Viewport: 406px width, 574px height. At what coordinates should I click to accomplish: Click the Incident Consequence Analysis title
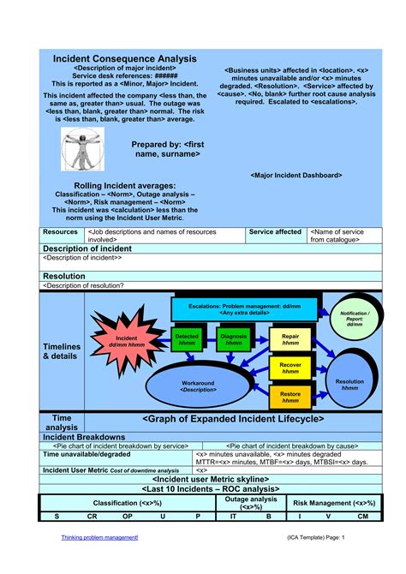[x=125, y=58]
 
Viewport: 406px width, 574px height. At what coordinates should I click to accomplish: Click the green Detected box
[x=187, y=339]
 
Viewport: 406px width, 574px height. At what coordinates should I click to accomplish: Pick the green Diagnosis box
[x=233, y=339]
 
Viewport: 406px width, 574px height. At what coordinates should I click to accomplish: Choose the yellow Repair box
[x=290, y=340]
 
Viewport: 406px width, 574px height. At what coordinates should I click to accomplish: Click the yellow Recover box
[x=290, y=368]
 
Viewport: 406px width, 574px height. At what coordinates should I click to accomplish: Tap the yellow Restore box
[x=290, y=397]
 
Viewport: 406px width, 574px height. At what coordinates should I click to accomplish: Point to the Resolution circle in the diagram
[x=349, y=384]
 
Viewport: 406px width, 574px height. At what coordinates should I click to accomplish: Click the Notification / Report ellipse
[x=355, y=319]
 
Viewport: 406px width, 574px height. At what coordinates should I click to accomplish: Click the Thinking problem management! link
[x=99, y=537]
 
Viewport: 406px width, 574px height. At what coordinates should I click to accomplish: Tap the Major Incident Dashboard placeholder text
[x=296, y=175]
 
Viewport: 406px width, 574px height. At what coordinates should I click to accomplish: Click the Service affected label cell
[x=275, y=232]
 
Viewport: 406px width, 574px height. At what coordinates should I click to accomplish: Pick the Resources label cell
[x=61, y=232]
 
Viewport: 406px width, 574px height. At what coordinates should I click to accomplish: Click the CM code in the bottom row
[x=362, y=517]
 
